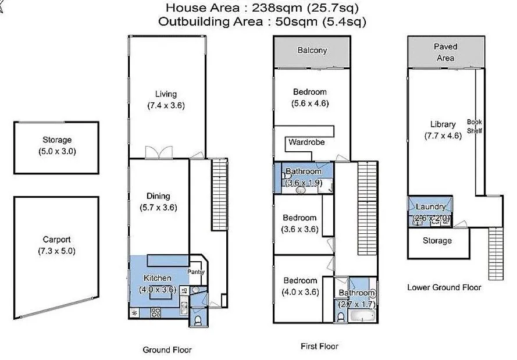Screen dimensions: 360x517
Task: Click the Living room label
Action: coord(166,94)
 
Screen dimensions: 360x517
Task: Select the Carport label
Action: coord(57,239)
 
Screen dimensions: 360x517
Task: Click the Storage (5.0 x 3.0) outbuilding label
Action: coord(56,140)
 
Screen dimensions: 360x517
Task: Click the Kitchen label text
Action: coord(157,278)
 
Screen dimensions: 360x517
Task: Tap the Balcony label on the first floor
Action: coord(312,51)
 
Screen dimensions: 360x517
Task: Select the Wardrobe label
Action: coord(306,142)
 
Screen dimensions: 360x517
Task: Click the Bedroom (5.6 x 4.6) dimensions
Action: coord(310,104)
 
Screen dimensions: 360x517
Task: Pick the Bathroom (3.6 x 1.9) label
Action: coord(303,172)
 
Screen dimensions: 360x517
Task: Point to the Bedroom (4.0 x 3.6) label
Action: coord(300,280)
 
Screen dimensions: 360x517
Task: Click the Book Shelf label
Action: coord(475,126)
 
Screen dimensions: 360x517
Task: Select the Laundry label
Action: coord(431,207)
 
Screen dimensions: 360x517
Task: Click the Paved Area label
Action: coord(445,52)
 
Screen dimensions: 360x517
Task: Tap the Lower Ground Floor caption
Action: coord(444,287)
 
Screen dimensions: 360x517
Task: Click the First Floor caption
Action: coord(319,346)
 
